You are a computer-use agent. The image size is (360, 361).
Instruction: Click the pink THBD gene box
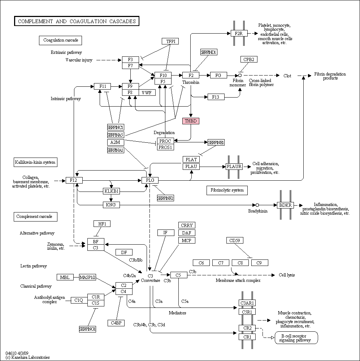[191, 121]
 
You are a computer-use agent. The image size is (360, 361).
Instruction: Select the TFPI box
[170, 41]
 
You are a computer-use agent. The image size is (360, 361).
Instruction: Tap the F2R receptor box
[239, 33]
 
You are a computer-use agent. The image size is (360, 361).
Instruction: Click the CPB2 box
[249, 59]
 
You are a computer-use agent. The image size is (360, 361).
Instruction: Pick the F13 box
[216, 97]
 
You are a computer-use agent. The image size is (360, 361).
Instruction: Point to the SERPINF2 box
[165, 198]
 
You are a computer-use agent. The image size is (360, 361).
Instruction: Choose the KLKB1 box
[111, 191]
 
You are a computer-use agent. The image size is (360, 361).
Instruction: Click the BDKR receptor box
[286, 205]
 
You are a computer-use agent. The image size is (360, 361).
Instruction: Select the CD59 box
[235, 240]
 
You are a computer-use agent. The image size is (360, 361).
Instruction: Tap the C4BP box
[116, 323]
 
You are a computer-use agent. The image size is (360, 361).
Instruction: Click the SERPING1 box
[87, 329]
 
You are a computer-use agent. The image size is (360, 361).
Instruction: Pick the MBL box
[65, 277]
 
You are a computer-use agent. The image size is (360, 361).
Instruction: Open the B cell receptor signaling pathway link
[296, 338]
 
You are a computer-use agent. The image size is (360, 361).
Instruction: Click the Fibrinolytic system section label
[227, 190]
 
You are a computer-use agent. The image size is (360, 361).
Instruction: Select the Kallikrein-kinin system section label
[35, 162]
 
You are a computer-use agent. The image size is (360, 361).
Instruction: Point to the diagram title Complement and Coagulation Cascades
[77, 21]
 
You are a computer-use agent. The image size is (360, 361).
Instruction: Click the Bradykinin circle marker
[257, 205]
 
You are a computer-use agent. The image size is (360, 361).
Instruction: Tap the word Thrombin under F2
[191, 82]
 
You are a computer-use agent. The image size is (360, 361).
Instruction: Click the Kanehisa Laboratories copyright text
[27, 357]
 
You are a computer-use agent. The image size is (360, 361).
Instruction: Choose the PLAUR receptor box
[234, 167]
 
